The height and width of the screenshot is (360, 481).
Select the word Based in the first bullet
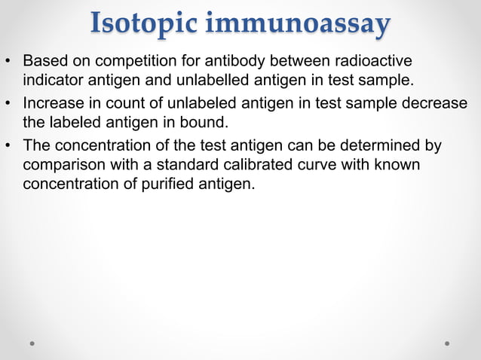pos(44,59)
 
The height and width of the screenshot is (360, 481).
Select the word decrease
pos(437,102)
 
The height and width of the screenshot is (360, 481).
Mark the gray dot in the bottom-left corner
pos(32,343)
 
